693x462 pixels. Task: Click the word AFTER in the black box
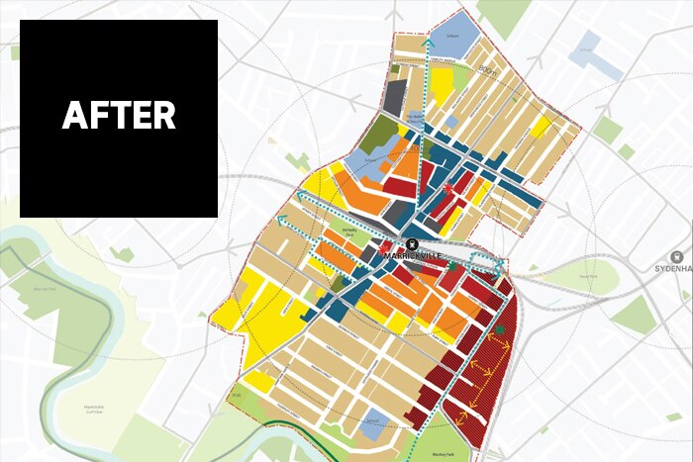[x=119, y=116]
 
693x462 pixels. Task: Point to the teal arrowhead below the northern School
[x=427, y=44]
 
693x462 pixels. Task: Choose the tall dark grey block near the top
[x=395, y=97]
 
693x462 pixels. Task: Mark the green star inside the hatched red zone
[x=500, y=329]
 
